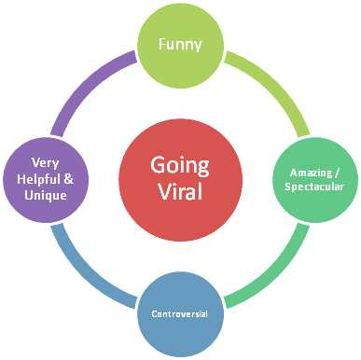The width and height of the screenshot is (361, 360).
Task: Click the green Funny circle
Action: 179,45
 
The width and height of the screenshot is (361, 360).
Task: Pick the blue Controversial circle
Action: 179,312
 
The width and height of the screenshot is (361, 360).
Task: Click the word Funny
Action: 179,45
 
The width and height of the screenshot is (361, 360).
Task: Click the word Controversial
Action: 179,312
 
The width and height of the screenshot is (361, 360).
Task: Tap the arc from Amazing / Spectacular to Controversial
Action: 271,272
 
